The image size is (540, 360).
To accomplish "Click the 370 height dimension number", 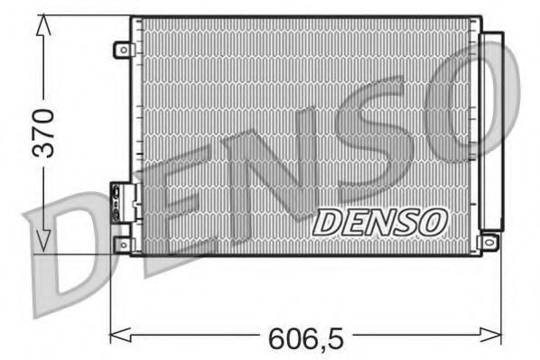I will point(42,133).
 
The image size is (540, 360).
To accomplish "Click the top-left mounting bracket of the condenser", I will point(122,51).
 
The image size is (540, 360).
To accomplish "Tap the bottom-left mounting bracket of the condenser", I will point(122,243).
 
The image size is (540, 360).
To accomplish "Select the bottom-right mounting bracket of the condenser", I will point(489,242).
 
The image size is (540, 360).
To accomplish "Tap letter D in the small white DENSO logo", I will point(327,222).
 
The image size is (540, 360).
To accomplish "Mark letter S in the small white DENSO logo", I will point(405,222).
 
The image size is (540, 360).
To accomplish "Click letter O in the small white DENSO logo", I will point(431,222).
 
